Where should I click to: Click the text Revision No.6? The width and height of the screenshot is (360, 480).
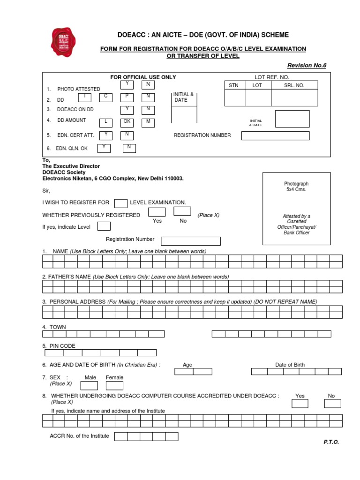[x=307, y=65]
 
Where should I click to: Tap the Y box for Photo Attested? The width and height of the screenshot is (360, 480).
[x=127, y=84]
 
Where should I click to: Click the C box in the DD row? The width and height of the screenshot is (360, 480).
[x=106, y=97]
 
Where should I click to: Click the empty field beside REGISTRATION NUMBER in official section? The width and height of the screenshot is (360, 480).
[x=275, y=135]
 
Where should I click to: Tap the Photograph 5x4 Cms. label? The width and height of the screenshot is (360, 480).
[x=297, y=187]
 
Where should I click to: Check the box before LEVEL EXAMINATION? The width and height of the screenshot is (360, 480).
[x=121, y=203]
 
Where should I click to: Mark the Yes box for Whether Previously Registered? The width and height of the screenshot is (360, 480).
[x=157, y=211]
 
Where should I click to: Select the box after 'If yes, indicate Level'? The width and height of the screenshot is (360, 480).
[x=104, y=226]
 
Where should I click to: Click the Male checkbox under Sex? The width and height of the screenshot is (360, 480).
[x=90, y=386]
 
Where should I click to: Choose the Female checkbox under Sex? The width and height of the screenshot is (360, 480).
[x=114, y=386]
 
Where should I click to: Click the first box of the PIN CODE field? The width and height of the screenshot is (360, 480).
[x=54, y=353]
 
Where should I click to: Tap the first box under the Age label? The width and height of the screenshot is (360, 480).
[x=184, y=371]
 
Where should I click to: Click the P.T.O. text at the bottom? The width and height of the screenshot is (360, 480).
[x=331, y=442]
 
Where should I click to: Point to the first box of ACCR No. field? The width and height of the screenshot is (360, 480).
[x=121, y=436]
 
